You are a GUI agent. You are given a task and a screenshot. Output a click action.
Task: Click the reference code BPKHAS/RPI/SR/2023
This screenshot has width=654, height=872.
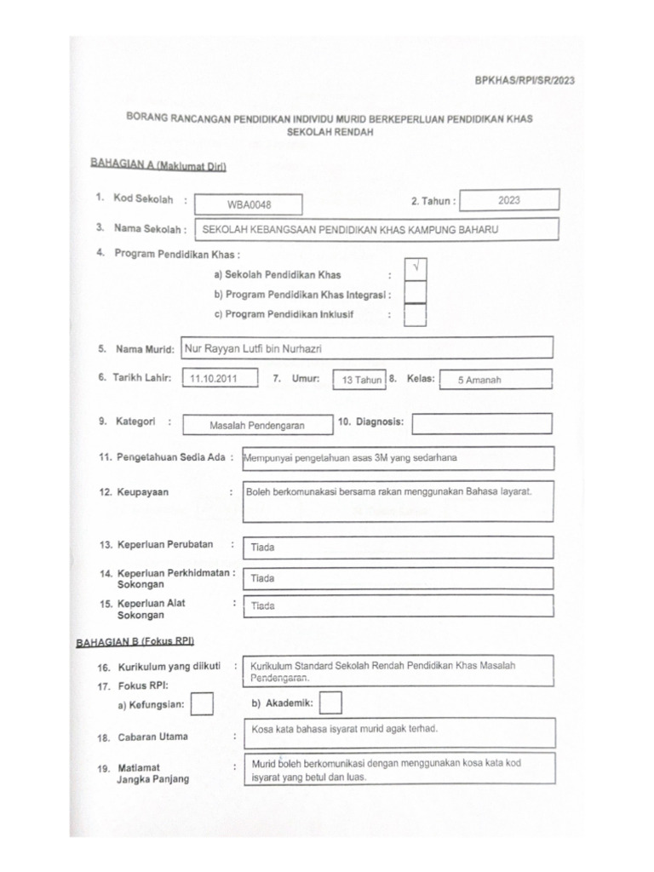(x=524, y=81)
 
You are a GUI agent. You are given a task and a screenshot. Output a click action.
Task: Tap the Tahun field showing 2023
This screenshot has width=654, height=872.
(x=510, y=200)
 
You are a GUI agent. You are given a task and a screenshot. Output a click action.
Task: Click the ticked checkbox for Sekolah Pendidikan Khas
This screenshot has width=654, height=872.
(x=416, y=269)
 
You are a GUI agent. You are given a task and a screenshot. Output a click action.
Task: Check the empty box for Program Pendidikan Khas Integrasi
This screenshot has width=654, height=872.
(x=416, y=293)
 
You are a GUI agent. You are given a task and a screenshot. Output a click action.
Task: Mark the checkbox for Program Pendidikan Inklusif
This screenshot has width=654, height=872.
(x=416, y=315)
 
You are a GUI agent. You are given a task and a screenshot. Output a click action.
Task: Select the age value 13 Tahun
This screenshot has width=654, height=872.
(x=361, y=381)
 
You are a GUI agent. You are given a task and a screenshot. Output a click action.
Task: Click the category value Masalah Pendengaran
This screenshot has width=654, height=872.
(x=257, y=424)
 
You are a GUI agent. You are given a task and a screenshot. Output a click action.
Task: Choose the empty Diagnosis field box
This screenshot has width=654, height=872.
(x=482, y=422)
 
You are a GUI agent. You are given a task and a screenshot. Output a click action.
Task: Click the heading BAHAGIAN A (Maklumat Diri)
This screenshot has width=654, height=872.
(x=158, y=165)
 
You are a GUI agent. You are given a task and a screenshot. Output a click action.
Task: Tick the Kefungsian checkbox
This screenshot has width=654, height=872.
(x=203, y=704)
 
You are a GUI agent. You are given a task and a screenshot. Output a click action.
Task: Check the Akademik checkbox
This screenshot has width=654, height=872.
(x=331, y=703)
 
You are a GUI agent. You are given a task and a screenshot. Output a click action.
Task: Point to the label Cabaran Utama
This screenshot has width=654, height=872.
(x=153, y=737)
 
